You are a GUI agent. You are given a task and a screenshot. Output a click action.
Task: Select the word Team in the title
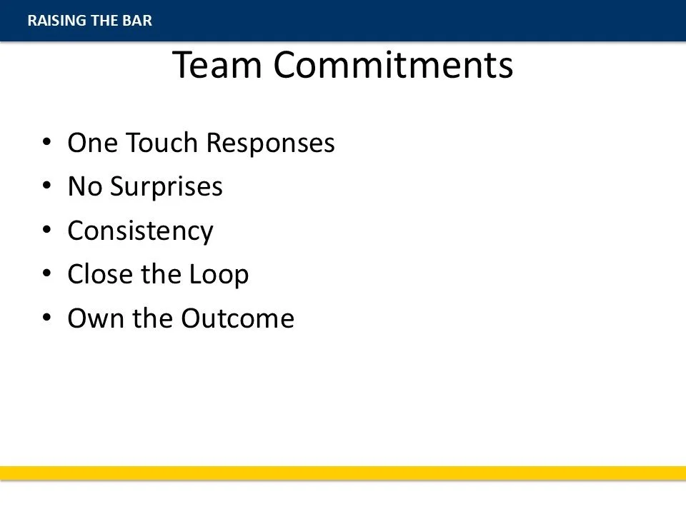click(x=217, y=65)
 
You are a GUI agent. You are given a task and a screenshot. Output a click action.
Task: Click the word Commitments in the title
click(x=393, y=65)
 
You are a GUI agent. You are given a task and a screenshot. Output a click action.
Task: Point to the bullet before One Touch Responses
click(x=47, y=141)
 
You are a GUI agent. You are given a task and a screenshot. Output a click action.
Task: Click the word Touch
click(x=162, y=143)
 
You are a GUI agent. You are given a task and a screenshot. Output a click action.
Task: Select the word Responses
click(x=270, y=143)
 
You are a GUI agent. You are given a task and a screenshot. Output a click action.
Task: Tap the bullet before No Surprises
click(x=47, y=186)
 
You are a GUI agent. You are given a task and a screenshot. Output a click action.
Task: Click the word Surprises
click(x=166, y=187)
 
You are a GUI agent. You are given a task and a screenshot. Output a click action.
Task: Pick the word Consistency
click(x=141, y=231)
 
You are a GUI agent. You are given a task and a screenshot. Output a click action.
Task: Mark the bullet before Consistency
click(x=47, y=229)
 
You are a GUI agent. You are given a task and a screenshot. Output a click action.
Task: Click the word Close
click(x=100, y=274)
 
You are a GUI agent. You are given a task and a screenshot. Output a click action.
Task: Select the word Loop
click(x=219, y=275)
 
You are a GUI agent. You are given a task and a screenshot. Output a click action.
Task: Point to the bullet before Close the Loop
click(x=47, y=273)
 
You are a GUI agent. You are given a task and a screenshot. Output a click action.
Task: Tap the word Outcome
click(x=237, y=318)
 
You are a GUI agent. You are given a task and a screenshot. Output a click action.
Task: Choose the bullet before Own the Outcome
click(x=47, y=317)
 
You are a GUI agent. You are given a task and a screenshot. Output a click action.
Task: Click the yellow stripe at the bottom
click(x=343, y=473)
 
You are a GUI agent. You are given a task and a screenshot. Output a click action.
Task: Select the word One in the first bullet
click(x=93, y=143)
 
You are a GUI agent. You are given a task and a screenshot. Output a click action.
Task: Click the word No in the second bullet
click(x=85, y=186)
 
